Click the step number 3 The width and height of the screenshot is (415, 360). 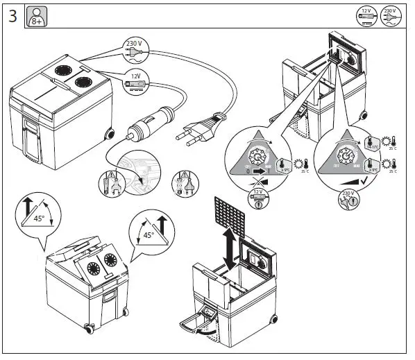tap(12, 16)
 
